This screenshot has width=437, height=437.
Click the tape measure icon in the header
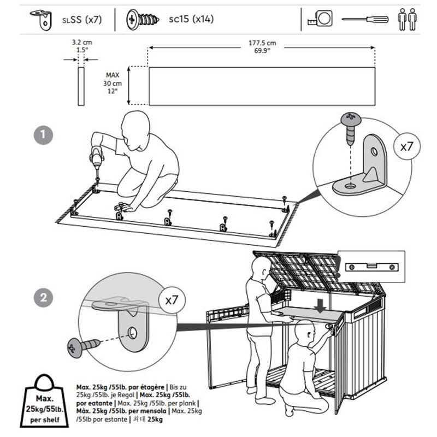click(x=320, y=20)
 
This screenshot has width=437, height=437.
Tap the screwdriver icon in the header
click(x=365, y=20)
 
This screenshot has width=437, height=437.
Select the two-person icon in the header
click(x=406, y=19)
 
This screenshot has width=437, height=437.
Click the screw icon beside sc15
click(x=142, y=20)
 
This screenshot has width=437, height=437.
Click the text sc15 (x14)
click(x=191, y=20)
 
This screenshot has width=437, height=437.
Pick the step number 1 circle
click(x=43, y=135)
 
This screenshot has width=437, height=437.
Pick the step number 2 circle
click(x=43, y=298)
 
